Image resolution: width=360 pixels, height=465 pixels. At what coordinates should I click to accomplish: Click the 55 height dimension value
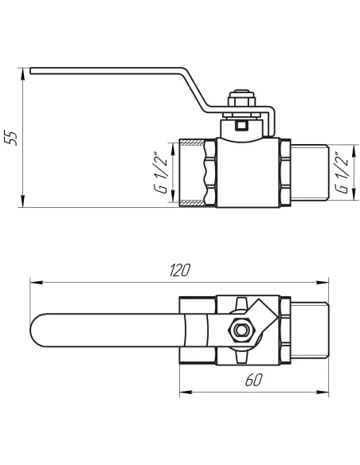pos(11,137)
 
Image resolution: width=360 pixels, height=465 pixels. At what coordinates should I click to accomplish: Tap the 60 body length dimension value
pos(253,381)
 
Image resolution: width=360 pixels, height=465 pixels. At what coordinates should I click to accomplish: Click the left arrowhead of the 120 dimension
pos(33,280)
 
